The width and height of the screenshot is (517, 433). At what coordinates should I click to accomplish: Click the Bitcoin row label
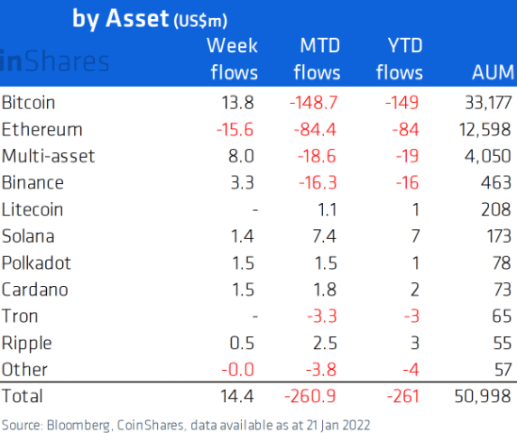tap(28, 103)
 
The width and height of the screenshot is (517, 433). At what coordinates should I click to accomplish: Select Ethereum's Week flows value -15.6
tap(235, 129)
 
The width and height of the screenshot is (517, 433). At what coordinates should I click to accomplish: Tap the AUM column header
tap(493, 72)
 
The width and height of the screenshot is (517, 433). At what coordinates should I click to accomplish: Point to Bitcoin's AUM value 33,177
tap(488, 103)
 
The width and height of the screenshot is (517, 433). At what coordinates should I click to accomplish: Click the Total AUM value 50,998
tap(483, 396)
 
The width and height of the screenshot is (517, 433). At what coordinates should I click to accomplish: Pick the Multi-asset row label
tap(48, 156)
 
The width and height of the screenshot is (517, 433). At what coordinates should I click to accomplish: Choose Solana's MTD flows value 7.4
tap(325, 236)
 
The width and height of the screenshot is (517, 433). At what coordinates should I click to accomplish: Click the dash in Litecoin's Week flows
tap(254, 209)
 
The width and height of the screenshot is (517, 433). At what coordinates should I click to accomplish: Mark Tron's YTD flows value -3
tap(411, 317)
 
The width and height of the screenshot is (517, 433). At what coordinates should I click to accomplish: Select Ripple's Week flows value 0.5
tap(242, 343)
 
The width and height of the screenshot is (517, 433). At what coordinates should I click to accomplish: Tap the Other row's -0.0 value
tap(237, 370)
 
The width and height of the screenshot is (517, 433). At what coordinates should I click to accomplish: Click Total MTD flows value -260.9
tap(310, 396)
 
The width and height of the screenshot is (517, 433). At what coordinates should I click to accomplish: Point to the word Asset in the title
tap(137, 18)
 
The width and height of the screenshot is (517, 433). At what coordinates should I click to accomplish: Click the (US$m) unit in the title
tap(200, 21)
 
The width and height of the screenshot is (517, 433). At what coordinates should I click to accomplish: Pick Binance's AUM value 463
tap(496, 182)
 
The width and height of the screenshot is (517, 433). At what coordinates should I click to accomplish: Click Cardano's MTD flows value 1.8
tap(325, 290)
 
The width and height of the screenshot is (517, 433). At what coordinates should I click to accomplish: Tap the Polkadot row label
tap(36, 263)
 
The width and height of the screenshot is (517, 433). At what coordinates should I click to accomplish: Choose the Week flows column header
tap(233, 59)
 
